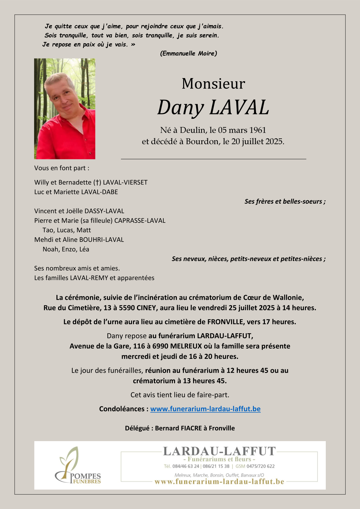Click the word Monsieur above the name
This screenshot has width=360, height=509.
(x=213, y=84)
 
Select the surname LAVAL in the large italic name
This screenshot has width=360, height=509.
(x=239, y=107)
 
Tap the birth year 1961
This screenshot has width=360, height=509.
(x=257, y=130)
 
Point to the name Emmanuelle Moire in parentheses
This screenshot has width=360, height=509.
(x=188, y=54)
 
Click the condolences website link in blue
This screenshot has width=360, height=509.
(x=205, y=409)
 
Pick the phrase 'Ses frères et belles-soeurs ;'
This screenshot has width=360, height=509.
(x=285, y=201)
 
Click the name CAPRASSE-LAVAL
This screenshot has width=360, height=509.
(x=140, y=221)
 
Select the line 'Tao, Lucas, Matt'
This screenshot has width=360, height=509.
(x=67, y=230)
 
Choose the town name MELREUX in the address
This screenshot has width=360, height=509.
(x=186, y=346)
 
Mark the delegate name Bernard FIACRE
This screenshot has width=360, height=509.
(x=178, y=428)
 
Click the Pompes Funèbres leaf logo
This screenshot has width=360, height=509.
(x=78, y=465)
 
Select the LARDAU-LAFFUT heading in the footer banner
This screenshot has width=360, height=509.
(x=219, y=451)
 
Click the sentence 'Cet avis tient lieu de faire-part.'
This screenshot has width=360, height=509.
(x=180, y=395)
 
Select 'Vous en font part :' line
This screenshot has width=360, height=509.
(x=62, y=168)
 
